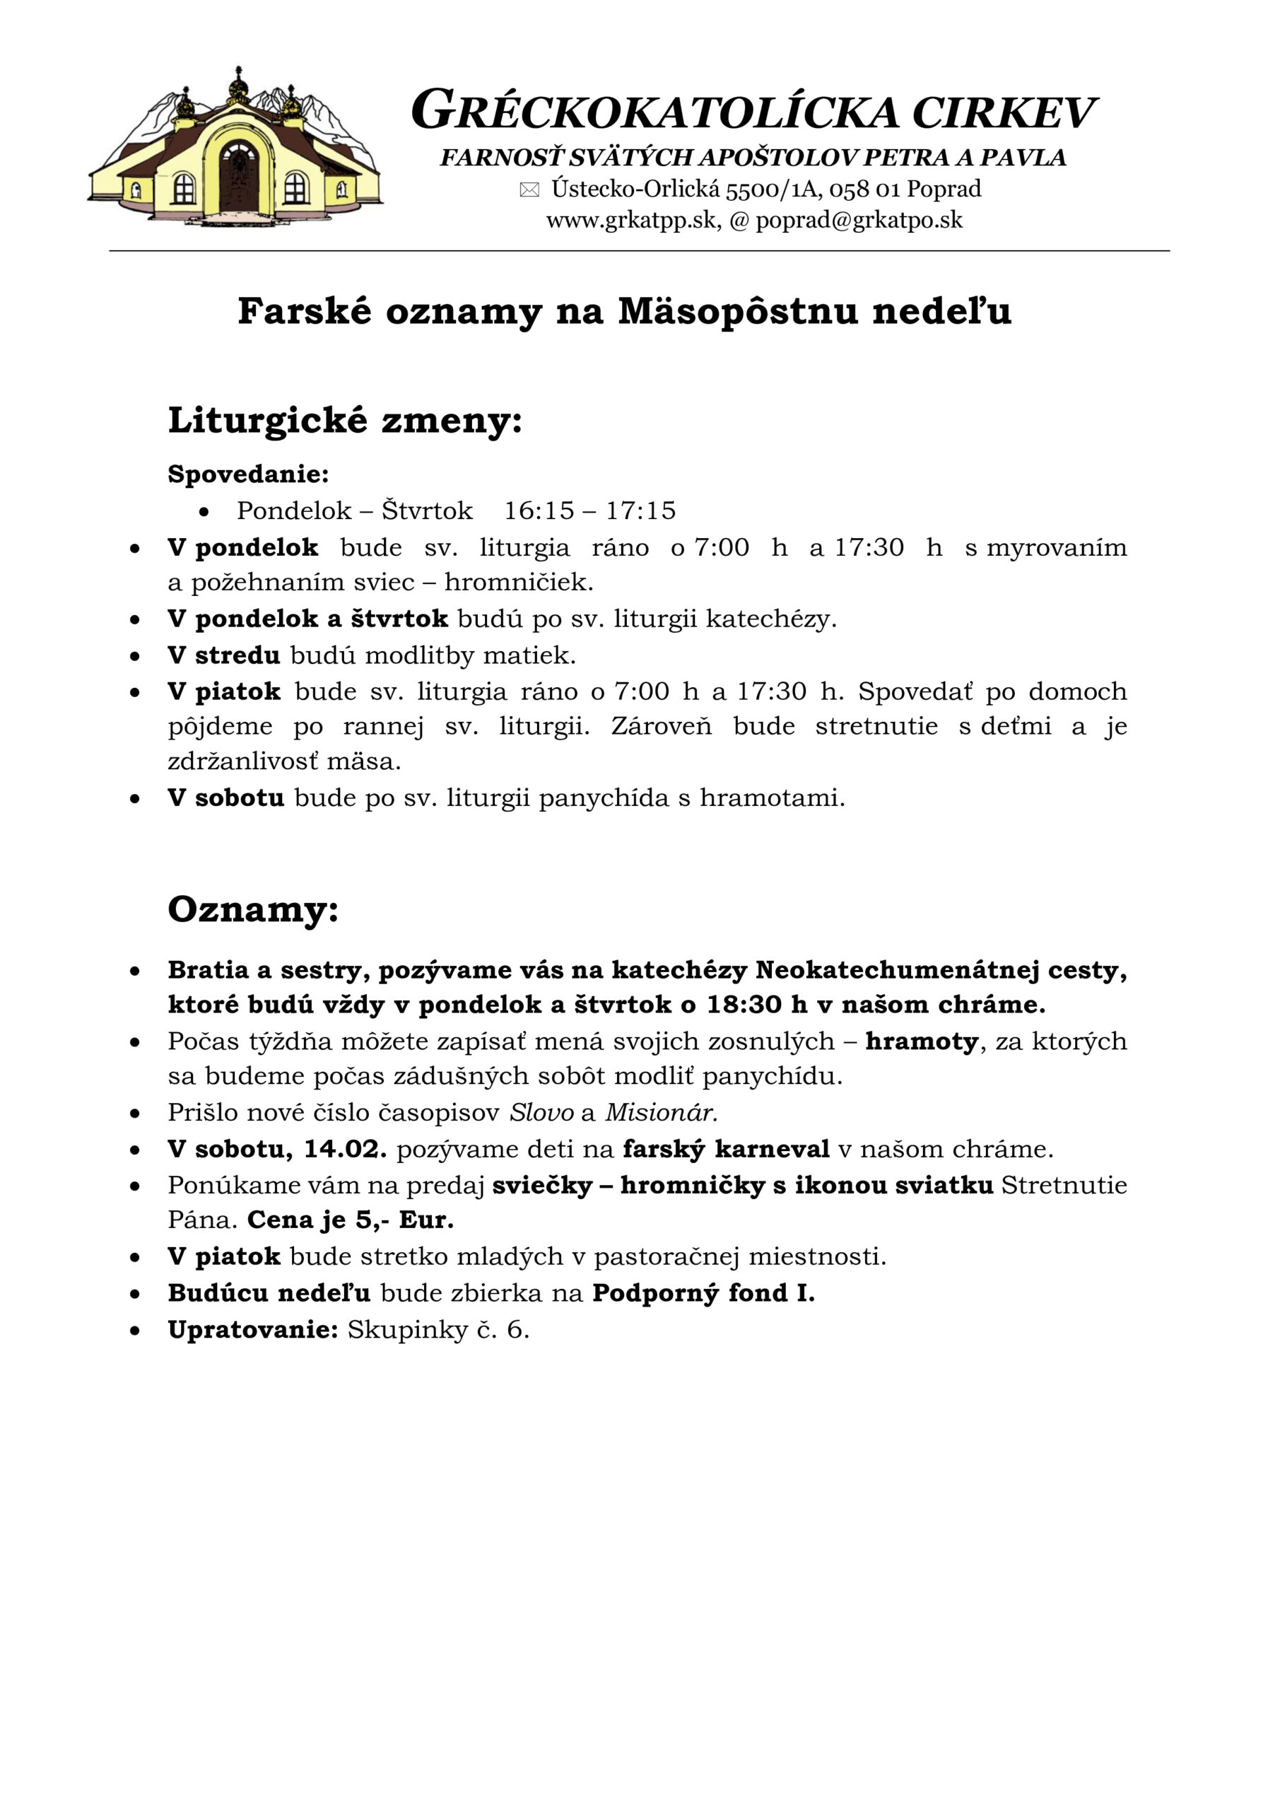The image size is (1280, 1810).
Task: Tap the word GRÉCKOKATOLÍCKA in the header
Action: point(654,111)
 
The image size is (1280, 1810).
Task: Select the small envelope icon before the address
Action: point(529,189)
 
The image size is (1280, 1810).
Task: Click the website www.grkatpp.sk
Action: point(631,220)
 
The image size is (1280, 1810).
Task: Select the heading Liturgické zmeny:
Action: point(344,420)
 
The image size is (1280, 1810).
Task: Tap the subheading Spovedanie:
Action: point(248,474)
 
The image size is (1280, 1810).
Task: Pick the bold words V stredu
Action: point(224,655)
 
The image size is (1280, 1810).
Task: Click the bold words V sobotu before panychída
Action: point(225,798)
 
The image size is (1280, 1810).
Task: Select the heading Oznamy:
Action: point(253,909)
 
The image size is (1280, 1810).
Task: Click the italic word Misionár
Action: point(660,1112)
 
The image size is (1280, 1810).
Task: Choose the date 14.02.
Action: point(344,1149)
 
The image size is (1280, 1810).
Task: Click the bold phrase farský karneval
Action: point(726,1149)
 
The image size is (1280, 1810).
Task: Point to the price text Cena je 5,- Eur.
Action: point(350,1220)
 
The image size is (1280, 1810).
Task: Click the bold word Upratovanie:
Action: point(253,1330)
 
